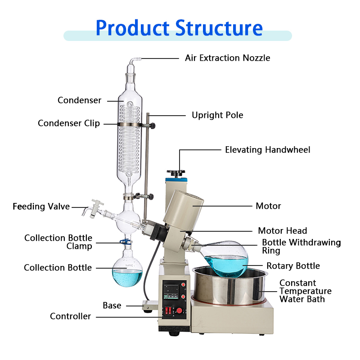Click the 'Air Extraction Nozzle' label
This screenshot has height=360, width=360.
pyautogui.click(x=227, y=58)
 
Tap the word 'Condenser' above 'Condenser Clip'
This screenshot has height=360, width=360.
pyautogui.click(x=80, y=100)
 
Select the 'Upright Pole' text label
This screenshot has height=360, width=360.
pyautogui.click(x=217, y=115)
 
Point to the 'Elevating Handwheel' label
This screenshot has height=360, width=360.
pyautogui.click(x=267, y=149)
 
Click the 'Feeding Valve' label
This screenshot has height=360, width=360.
pyautogui.click(x=41, y=207)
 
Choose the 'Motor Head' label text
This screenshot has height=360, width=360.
pyautogui.click(x=282, y=231)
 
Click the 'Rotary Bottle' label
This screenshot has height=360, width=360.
pyautogui.click(x=293, y=266)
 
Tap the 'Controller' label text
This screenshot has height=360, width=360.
pyautogui.click(x=70, y=316)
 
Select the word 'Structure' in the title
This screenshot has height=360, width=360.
pyautogui.click(x=219, y=27)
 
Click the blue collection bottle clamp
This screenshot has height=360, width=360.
pyautogui.click(x=126, y=243)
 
